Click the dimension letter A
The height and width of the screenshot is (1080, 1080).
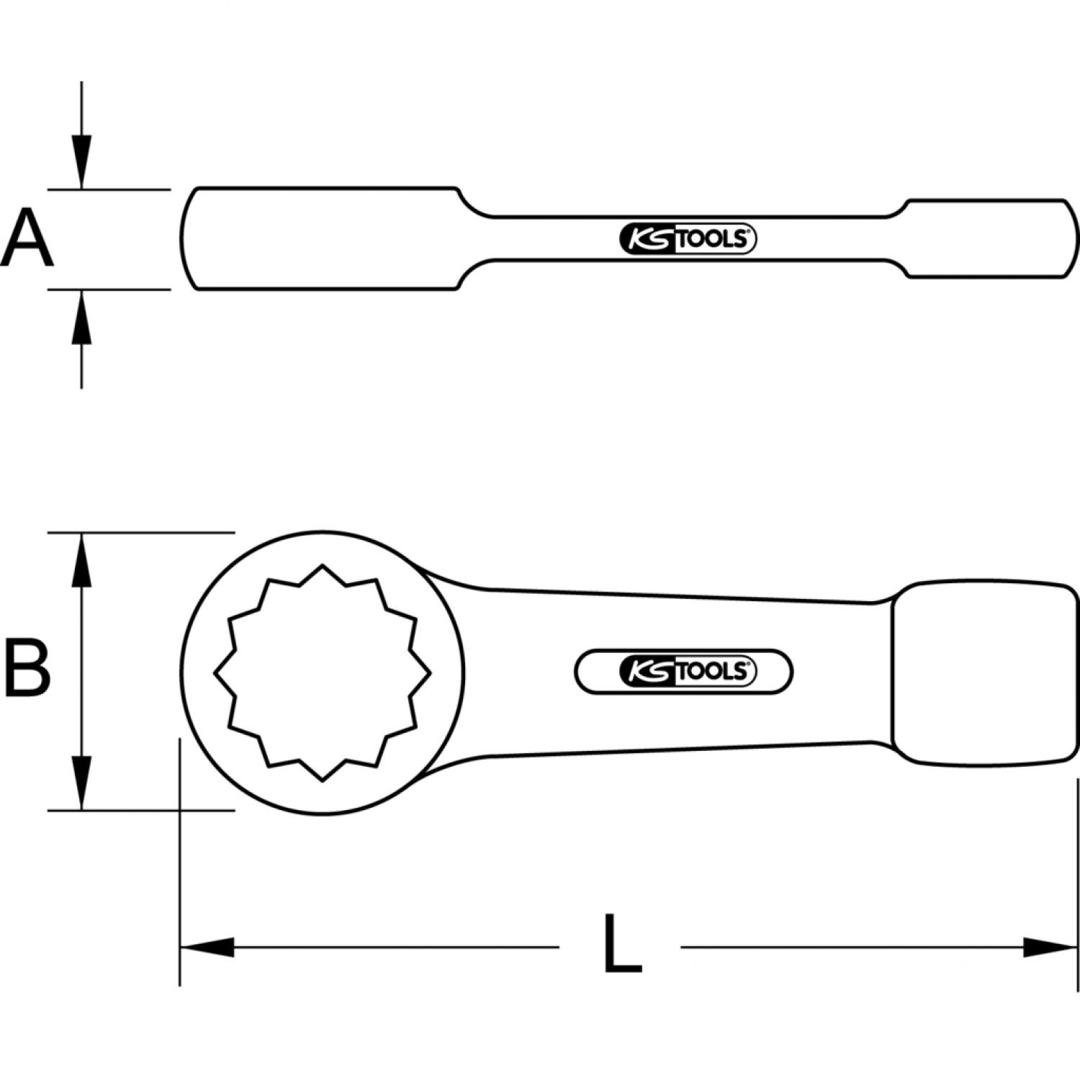pyautogui.click(x=27, y=238)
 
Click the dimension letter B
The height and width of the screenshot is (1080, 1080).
pyautogui.click(x=27, y=669)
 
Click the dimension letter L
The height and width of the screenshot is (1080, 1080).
pyautogui.click(x=621, y=944)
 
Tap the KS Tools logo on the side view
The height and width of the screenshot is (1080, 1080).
pyautogui.click(x=688, y=239)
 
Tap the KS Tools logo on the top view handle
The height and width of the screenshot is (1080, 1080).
pyautogui.click(x=684, y=672)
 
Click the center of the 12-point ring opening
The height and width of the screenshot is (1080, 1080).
pyautogui.click(x=322, y=672)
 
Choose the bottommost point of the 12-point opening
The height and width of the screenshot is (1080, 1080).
pyautogui.click(x=322, y=780)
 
